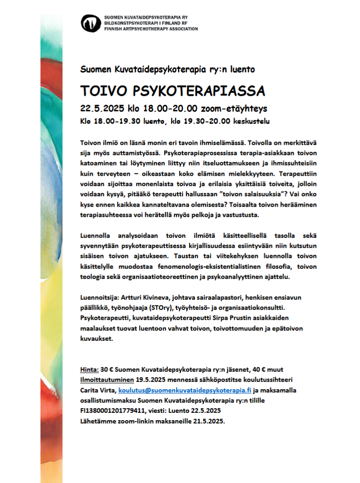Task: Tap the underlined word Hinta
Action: [x=89, y=369]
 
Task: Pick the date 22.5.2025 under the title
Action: [x=100, y=109]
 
